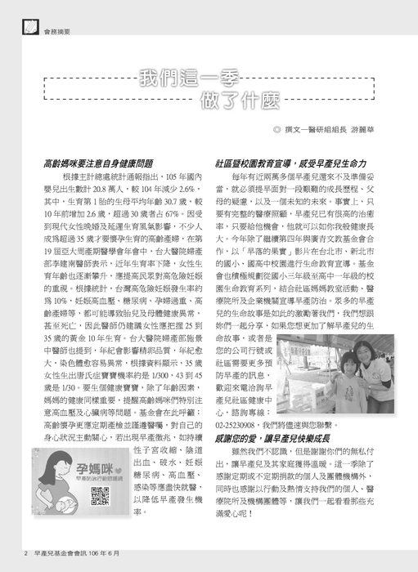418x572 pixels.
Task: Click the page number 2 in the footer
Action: click(x=26, y=562)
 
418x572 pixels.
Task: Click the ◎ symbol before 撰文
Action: click(x=278, y=128)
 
